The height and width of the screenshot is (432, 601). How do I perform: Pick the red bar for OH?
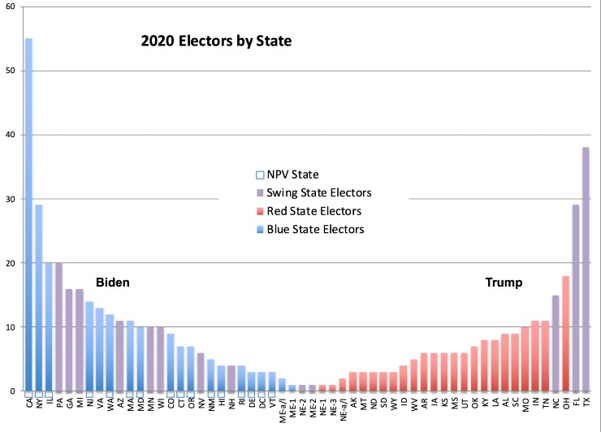click(x=566, y=334)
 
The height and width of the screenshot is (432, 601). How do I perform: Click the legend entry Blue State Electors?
click(x=312, y=229)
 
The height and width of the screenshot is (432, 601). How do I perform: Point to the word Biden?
click(x=113, y=283)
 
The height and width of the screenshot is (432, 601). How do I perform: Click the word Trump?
click(x=504, y=283)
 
